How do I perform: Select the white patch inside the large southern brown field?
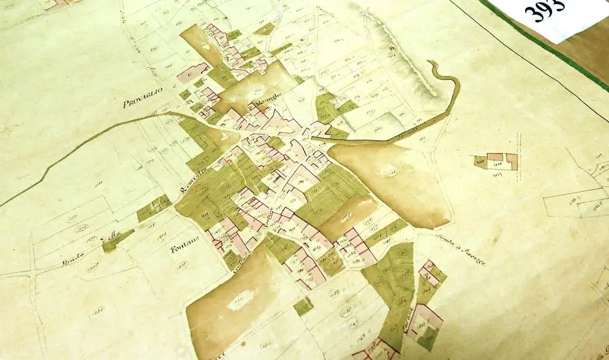tap(241, 300)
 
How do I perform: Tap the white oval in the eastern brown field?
tap(388, 173)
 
